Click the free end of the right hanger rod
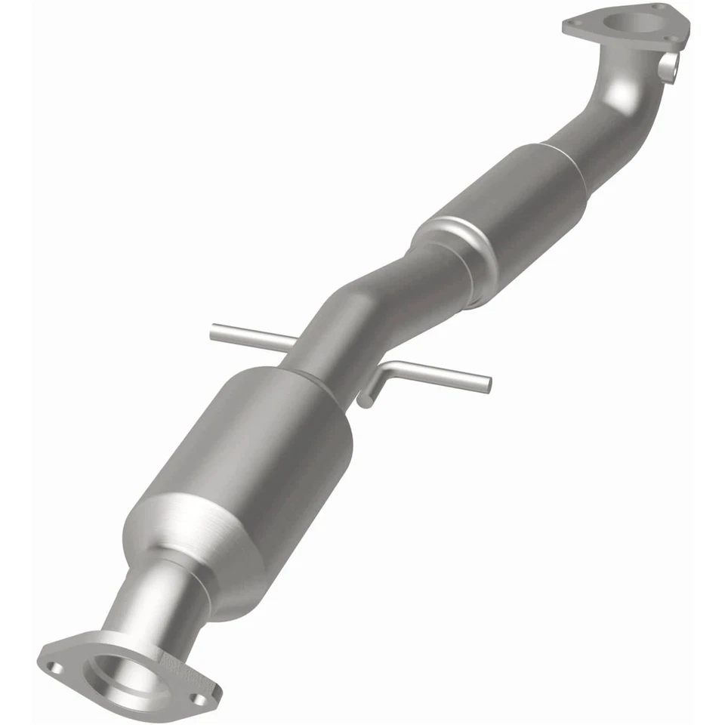[487, 384]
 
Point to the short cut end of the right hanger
[365, 401]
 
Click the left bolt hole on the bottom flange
[54, 666]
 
